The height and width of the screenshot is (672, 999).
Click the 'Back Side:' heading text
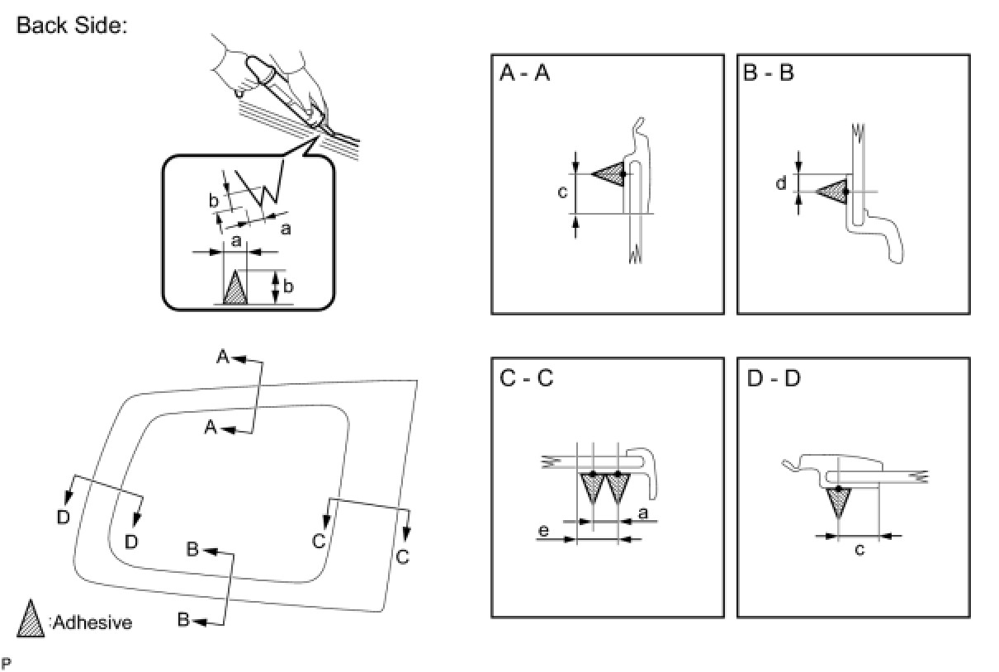(71, 26)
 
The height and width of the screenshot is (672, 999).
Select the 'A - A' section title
(525, 74)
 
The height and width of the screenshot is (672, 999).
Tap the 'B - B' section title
(768, 74)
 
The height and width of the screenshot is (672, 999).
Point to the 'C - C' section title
(527, 379)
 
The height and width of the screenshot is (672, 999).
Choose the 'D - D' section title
(773, 379)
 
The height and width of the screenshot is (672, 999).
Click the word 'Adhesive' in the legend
(92, 622)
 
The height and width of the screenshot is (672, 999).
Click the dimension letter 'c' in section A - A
(562, 192)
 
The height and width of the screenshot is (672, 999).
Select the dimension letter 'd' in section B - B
(780, 183)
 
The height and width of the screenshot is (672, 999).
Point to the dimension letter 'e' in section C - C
(543, 530)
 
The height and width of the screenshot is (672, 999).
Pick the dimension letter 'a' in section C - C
(642, 513)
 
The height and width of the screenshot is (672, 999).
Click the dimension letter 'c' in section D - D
(859, 549)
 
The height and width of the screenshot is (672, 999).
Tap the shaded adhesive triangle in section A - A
(612, 173)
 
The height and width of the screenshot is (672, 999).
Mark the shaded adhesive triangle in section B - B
(834, 192)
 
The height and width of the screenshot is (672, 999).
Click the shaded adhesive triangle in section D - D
(838, 500)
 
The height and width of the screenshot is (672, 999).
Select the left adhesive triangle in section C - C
(591, 487)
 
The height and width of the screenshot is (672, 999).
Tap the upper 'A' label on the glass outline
(223, 357)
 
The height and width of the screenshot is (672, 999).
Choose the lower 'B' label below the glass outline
(186, 618)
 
